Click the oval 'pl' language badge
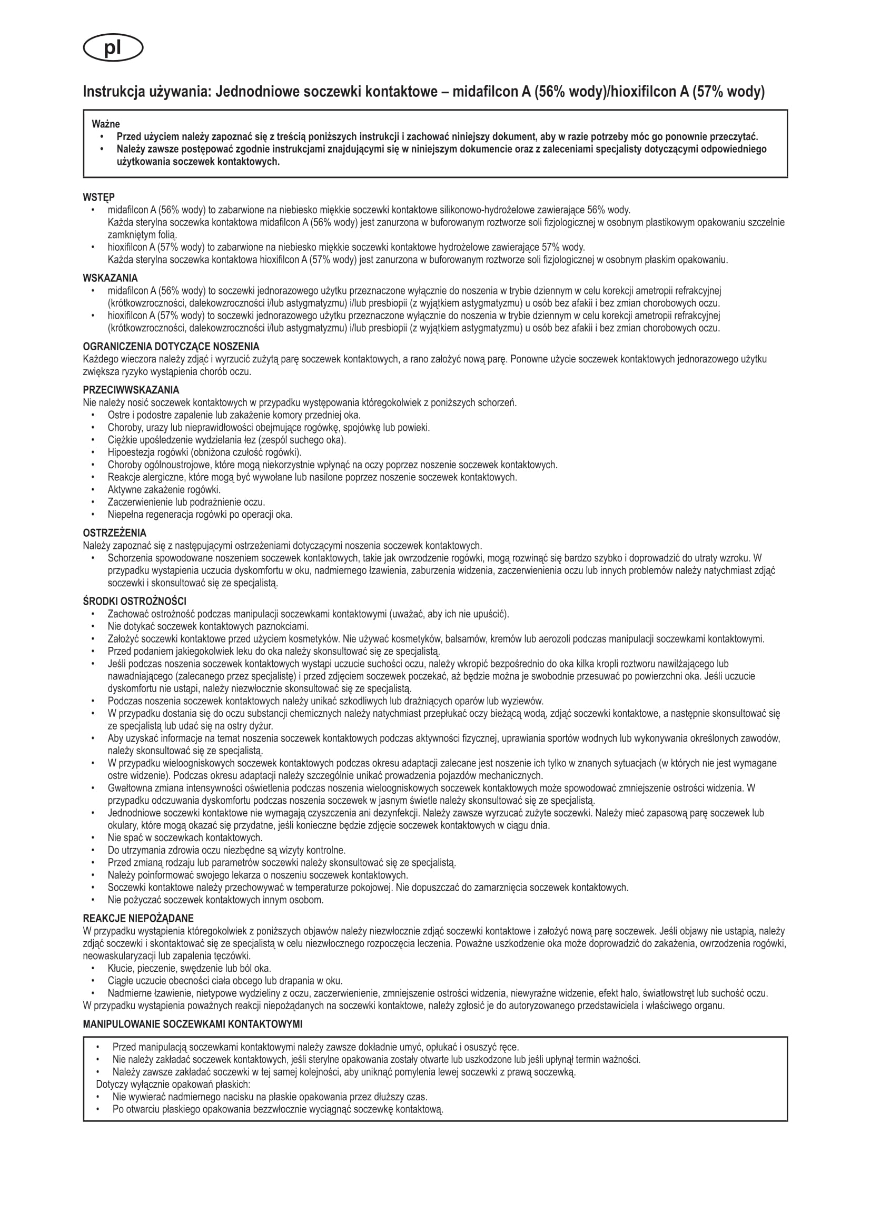coord(113,50)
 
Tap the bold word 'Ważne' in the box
coord(106,124)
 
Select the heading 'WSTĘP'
coord(98,198)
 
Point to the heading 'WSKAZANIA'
coord(110,278)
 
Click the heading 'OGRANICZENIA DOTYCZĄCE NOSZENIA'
coord(171,347)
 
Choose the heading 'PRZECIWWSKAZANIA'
coord(131,390)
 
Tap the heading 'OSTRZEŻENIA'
coord(114,534)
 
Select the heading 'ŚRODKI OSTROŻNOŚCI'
coord(135,602)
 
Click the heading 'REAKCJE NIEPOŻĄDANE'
coord(138,918)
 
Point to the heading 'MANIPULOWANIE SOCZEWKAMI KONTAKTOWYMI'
coord(193,1024)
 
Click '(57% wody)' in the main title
coord(727,92)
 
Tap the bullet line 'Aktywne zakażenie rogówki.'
coord(164,489)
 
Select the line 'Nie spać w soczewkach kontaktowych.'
coord(185,837)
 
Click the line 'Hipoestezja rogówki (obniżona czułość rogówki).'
coord(204,452)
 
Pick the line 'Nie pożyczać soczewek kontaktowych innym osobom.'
coord(215,900)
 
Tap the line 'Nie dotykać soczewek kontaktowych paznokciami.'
coord(208,626)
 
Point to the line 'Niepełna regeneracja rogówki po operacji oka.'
coord(200,514)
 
